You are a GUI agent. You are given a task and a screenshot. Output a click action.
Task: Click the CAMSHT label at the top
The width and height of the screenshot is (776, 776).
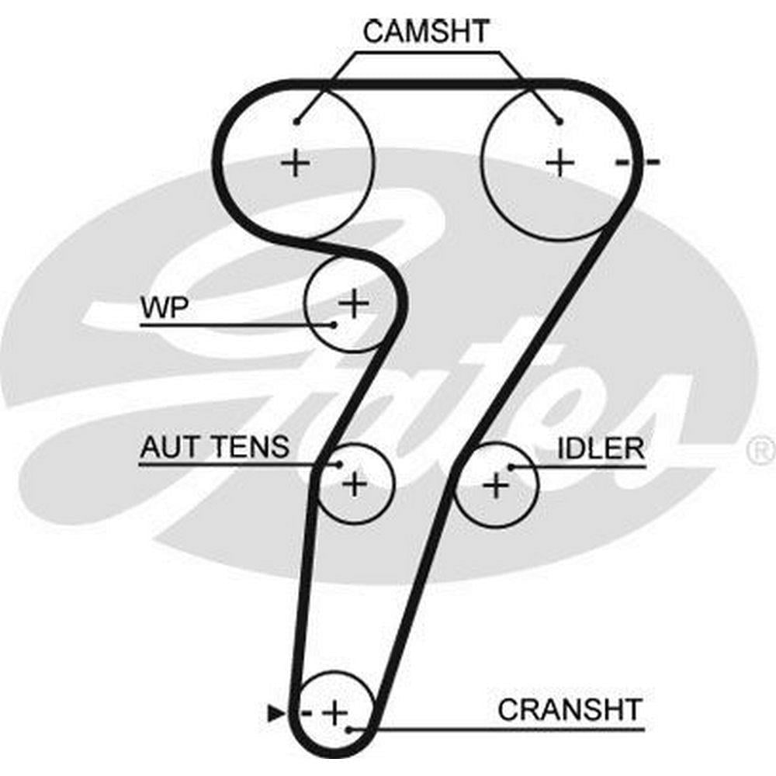click(x=426, y=32)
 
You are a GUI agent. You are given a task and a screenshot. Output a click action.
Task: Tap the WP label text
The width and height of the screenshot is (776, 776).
click(x=163, y=307)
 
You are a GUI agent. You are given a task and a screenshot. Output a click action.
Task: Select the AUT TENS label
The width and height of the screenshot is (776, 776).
click(x=214, y=447)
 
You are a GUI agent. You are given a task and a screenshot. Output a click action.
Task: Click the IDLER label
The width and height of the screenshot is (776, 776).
click(x=601, y=448)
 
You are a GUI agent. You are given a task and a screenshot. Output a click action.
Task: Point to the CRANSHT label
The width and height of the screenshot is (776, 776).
click(x=570, y=709)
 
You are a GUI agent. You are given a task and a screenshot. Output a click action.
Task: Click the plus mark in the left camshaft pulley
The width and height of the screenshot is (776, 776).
click(x=295, y=163)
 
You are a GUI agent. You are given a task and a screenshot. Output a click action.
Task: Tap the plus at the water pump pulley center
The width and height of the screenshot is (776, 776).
click(x=355, y=303)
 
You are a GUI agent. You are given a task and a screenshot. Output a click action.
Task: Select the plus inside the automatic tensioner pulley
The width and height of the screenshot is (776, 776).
click(x=354, y=484)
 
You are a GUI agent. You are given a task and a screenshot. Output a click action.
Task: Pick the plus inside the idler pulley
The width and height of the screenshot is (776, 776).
click(x=495, y=487)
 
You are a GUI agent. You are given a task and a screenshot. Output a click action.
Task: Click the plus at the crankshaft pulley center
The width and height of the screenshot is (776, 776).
click(x=335, y=712)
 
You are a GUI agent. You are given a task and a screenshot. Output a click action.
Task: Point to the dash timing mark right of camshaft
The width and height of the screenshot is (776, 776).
click(x=637, y=162)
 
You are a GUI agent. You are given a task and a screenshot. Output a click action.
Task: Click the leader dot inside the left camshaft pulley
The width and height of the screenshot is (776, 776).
click(x=297, y=121)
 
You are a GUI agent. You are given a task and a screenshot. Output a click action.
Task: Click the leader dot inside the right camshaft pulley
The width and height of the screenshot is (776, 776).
click(x=559, y=121)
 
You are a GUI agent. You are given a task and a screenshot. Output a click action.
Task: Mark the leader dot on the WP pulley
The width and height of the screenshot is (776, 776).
click(x=334, y=324)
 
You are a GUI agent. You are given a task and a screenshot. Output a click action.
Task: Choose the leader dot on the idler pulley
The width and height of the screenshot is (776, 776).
click(x=511, y=466)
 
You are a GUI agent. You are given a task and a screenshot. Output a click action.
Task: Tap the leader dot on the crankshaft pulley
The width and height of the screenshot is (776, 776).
click(x=352, y=729)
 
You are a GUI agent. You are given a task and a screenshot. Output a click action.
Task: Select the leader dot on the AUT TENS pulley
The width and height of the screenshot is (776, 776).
click(x=340, y=465)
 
